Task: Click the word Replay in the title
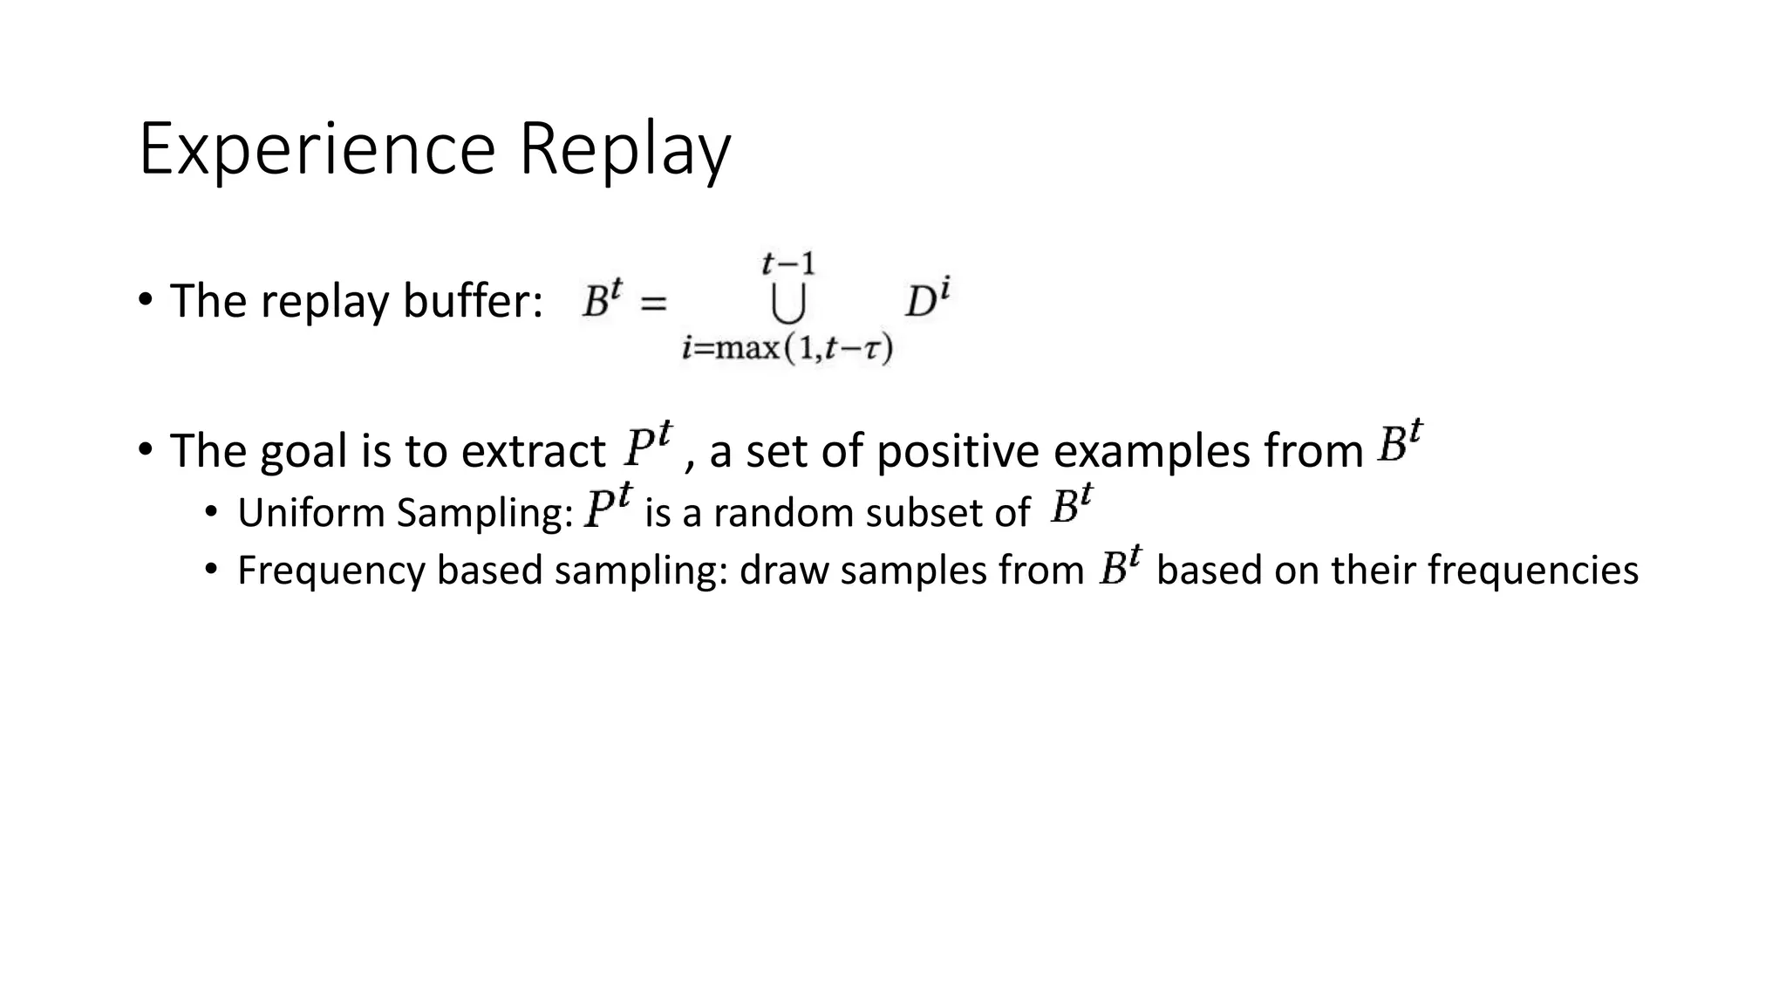(x=624, y=150)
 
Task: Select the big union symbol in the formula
(x=787, y=304)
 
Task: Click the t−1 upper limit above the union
(x=787, y=263)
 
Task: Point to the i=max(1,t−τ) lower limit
(x=787, y=348)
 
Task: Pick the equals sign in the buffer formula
(x=654, y=304)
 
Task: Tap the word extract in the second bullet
(x=533, y=452)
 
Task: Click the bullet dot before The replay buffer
(x=146, y=300)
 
